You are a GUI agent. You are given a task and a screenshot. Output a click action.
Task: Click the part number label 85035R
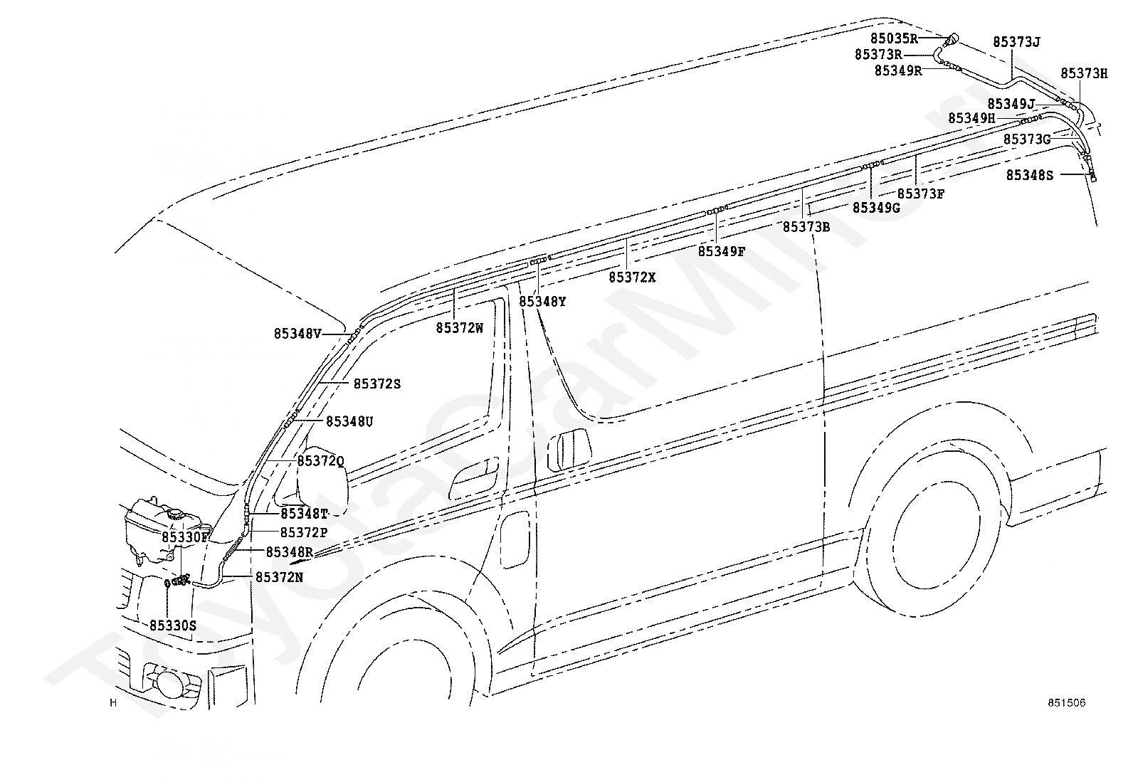894,38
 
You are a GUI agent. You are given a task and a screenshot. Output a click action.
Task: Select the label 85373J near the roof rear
1017,42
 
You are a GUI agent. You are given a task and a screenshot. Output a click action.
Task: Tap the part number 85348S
1030,175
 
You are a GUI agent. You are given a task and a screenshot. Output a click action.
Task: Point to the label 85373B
807,227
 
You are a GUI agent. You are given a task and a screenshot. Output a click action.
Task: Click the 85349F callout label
722,251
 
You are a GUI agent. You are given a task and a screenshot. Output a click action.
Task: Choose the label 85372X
632,278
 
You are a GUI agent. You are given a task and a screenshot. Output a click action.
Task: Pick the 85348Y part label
543,302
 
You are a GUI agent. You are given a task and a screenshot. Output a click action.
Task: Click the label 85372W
460,328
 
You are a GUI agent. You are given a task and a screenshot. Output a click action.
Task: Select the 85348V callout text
298,334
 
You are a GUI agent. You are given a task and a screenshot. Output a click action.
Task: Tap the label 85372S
376,384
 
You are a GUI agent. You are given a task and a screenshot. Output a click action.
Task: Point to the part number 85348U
349,421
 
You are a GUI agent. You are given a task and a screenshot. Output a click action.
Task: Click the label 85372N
279,577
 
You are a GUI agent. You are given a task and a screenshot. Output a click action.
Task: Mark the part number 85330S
173,625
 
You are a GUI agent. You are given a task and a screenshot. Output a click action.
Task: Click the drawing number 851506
1066,702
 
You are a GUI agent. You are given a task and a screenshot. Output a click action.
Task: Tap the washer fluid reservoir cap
175,514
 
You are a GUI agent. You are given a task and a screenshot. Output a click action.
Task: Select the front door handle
474,477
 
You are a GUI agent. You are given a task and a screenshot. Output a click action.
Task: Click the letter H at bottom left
113,703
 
